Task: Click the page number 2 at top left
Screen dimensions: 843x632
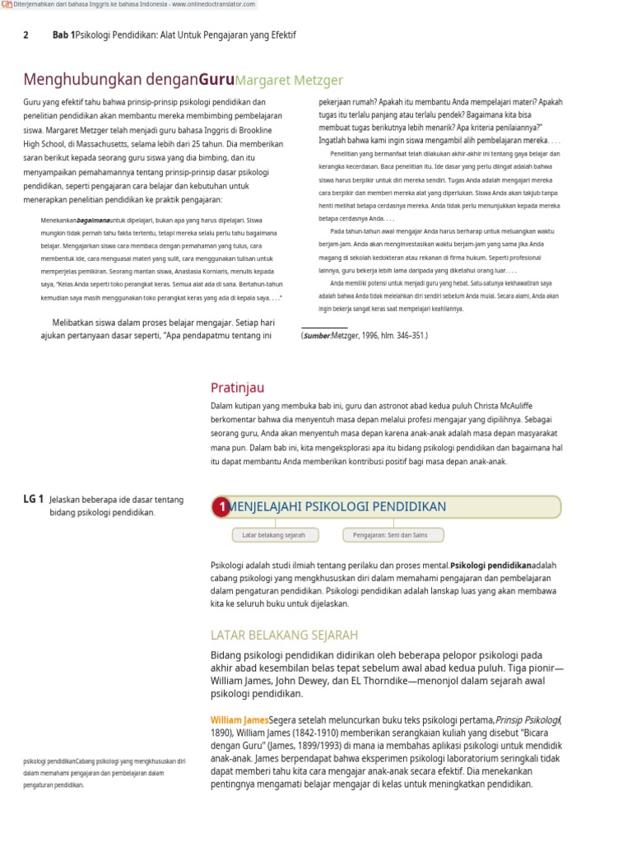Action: click(x=26, y=35)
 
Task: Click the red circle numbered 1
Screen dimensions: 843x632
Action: click(x=221, y=507)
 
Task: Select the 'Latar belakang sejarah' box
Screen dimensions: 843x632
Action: click(x=273, y=535)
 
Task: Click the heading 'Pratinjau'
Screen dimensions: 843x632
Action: click(x=237, y=388)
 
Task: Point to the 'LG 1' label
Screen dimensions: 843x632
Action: click(x=33, y=499)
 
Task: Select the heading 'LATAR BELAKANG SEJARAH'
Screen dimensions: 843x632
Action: click(x=284, y=635)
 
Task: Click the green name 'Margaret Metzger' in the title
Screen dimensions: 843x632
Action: click(x=289, y=80)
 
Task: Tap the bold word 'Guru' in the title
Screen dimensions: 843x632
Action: click(x=216, y=80)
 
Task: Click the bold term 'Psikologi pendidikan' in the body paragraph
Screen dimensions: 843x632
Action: click(x=491, y=566)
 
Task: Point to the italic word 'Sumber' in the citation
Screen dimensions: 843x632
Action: click(x=316, y=336)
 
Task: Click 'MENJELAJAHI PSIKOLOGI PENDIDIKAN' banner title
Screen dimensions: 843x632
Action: click(x=337, y=506)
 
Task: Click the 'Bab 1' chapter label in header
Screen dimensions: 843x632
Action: click(x=63, y=35)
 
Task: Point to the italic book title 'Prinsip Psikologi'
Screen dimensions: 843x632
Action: click(x=528, y=720)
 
